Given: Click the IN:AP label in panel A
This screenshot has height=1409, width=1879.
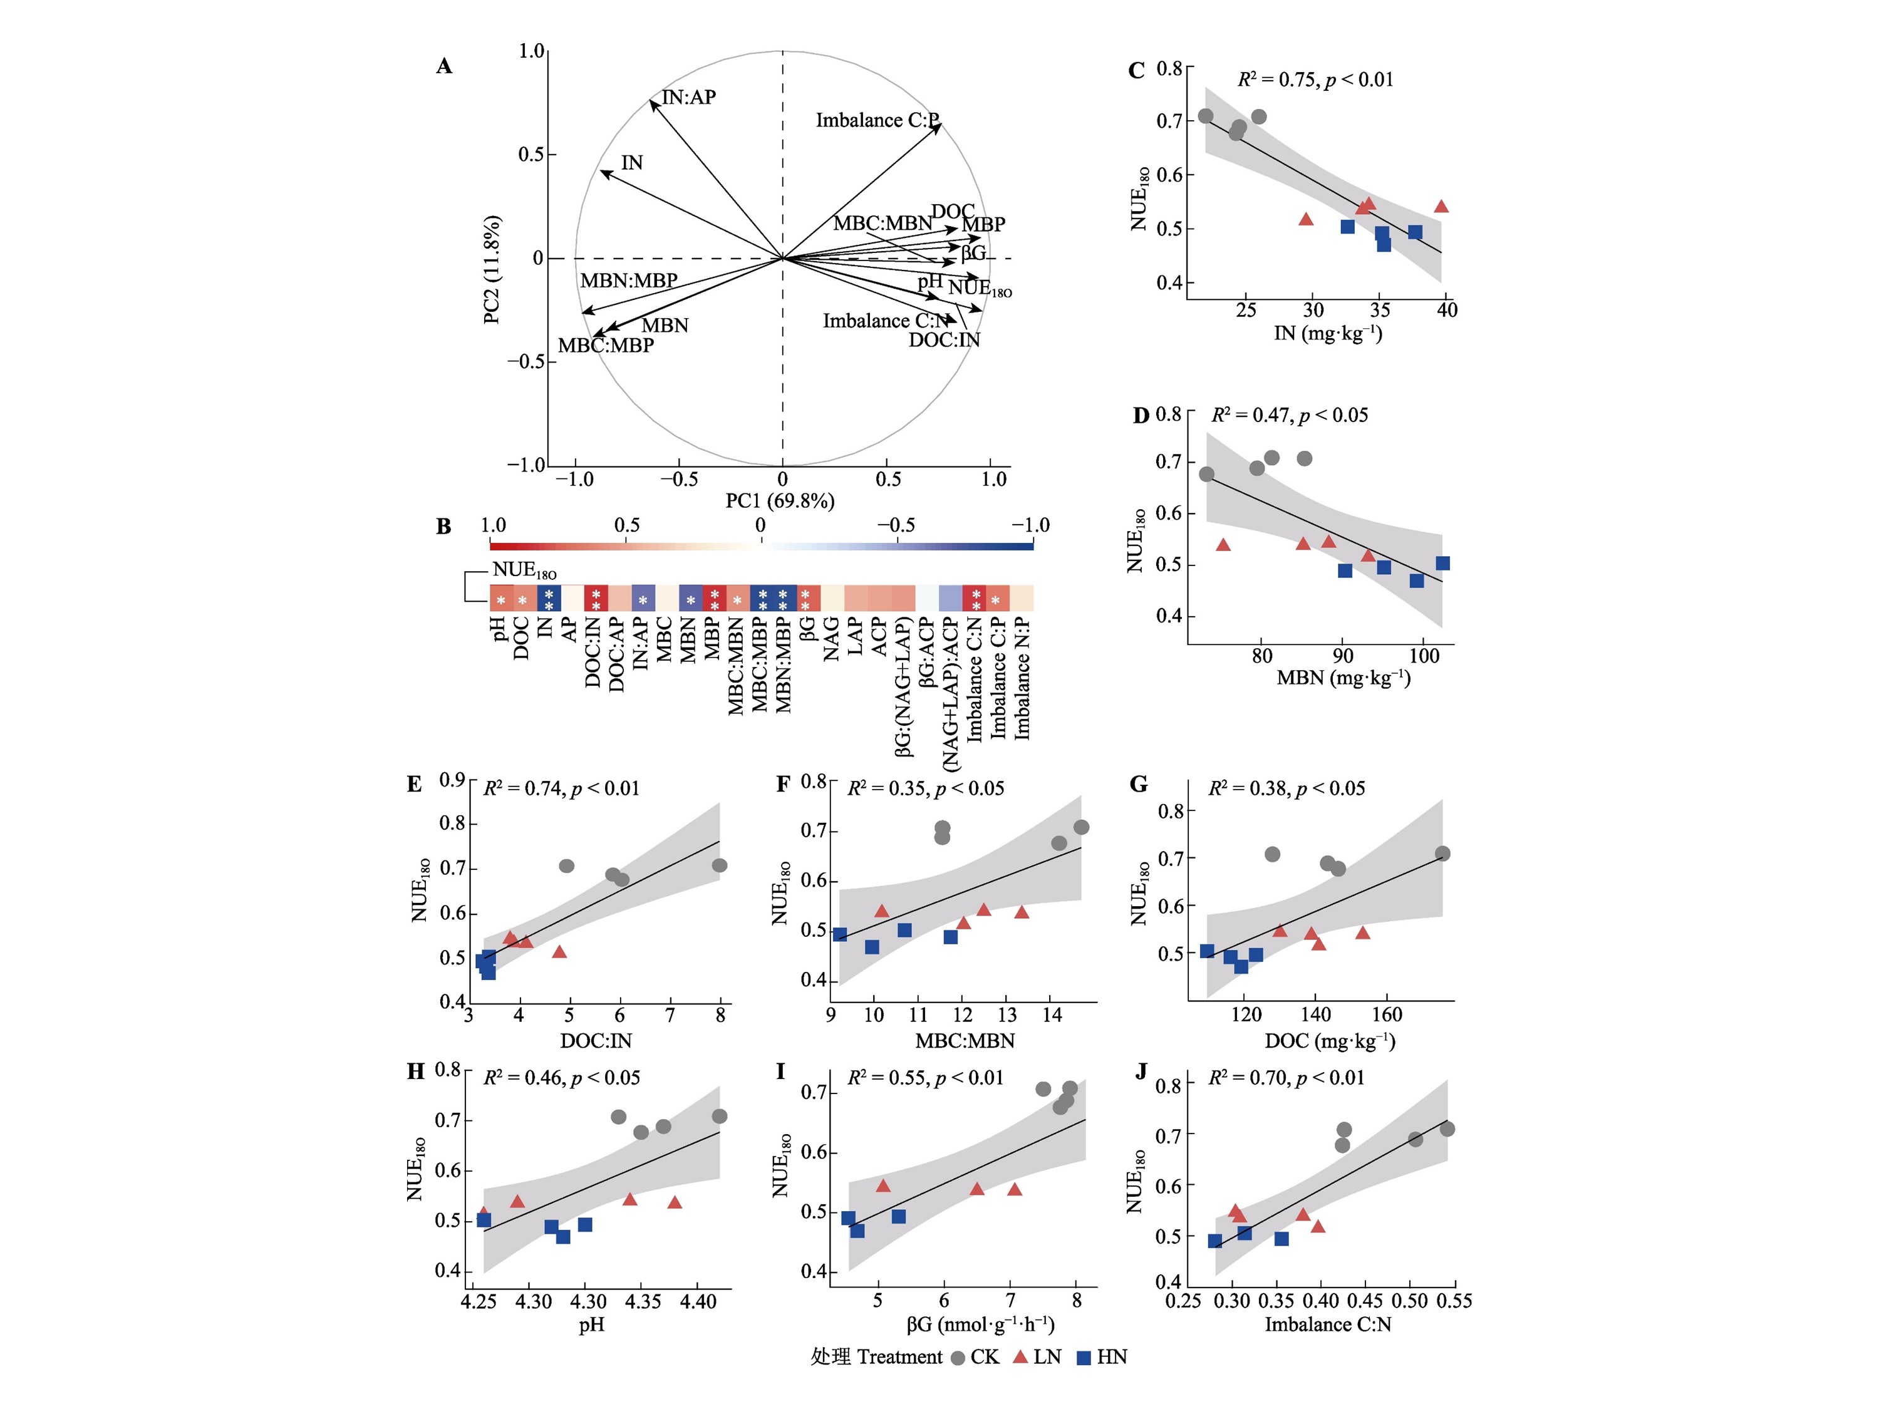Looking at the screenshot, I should (688, 98).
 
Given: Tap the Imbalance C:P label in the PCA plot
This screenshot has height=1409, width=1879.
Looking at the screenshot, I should (877, 121).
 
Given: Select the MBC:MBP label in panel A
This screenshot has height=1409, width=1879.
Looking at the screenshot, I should (606, 346).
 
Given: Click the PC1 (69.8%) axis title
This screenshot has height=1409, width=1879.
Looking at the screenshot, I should (780, 501).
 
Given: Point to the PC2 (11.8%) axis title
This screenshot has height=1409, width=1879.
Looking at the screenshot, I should (492, 269).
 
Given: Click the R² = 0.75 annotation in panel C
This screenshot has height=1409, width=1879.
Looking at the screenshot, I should (1315, 80).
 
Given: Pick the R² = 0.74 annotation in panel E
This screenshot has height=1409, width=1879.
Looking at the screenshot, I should (561, 788).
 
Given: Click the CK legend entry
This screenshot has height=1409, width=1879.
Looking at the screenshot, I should (975, 1357).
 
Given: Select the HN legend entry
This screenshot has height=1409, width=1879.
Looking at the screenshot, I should (1102, 1357).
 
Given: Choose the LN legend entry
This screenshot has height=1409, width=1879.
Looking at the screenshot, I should (1038, 1357).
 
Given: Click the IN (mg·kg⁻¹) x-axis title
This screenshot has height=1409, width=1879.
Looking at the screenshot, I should (1328, 333).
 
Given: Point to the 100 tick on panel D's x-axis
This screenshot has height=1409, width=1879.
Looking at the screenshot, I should (1424, 656).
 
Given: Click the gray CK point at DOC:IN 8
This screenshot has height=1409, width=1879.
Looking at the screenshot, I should (720, 865).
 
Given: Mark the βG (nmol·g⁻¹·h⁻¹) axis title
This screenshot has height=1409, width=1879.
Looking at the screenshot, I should (980, 1324).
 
